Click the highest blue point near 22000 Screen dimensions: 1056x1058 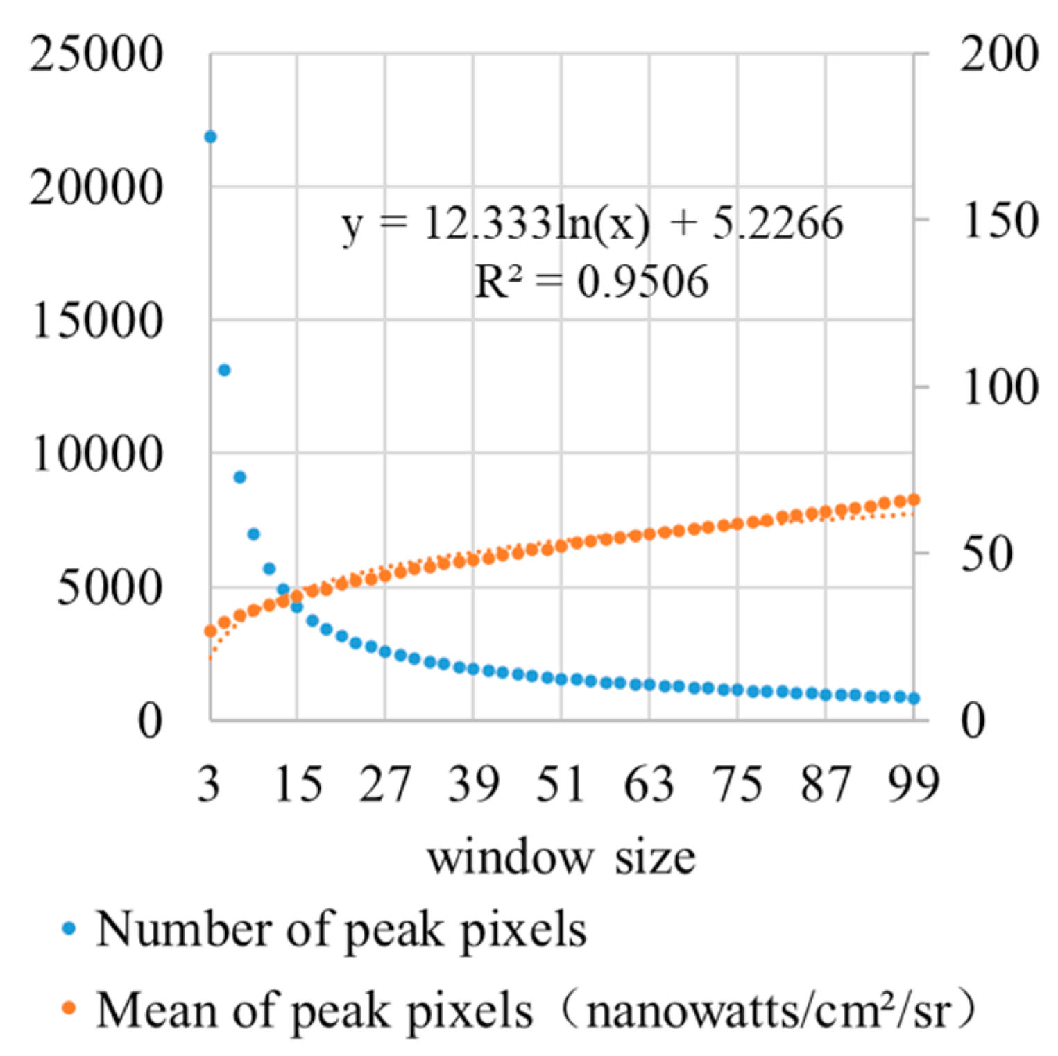(210, 137)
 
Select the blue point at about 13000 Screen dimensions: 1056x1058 (224, 370)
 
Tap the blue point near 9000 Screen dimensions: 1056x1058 (240, 477)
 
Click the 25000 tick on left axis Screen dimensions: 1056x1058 (96, 53)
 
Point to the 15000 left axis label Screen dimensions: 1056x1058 (96, 321)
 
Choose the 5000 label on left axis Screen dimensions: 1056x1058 (109, 588)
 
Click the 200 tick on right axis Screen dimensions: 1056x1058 (999, 53)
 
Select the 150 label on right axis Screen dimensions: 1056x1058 (999, 221)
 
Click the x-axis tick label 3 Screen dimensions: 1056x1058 (209, 784)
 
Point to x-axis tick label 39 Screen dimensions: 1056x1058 (473, 784)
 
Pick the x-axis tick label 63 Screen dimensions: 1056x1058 (649, 784)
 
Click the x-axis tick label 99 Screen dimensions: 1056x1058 (914, 784)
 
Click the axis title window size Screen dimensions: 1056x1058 (561, 858)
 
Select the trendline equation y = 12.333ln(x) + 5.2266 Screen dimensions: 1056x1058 (592, 224)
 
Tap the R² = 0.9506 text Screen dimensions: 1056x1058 (592, 282)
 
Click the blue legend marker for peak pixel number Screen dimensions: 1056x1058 (69, 928)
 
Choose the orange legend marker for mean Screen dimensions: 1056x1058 (69, 1009)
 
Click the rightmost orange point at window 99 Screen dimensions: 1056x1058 (914, 500)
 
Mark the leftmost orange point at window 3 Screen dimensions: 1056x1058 (210, 631)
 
